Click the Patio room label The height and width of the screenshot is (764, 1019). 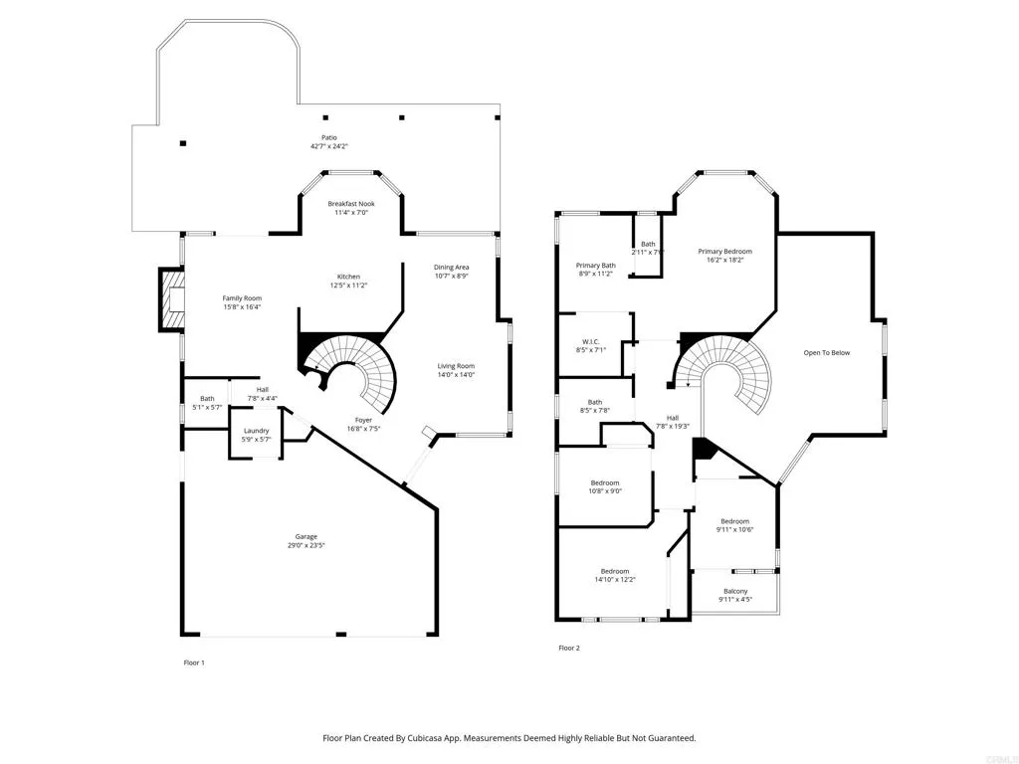click(x=328, y=138)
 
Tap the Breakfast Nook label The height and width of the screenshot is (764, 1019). click(x=351, y=204)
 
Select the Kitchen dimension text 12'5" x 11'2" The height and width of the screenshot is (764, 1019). click(x=348, y=286)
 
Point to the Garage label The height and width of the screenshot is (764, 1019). click(x=306, y=536)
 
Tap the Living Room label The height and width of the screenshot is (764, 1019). click(x=456, y=366)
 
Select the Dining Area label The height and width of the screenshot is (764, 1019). click(x=451, y=267)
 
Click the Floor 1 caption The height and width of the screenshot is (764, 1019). click(x=194, y=663)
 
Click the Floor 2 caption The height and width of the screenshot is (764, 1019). click(x=569, y=648)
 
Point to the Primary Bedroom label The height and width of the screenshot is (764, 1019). click(x=724, y=252)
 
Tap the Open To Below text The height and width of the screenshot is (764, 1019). click(x=827, y=352)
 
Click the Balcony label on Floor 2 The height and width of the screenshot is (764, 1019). click(x=735, y=591)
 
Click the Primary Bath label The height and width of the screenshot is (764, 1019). click(x=596, y=266)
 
